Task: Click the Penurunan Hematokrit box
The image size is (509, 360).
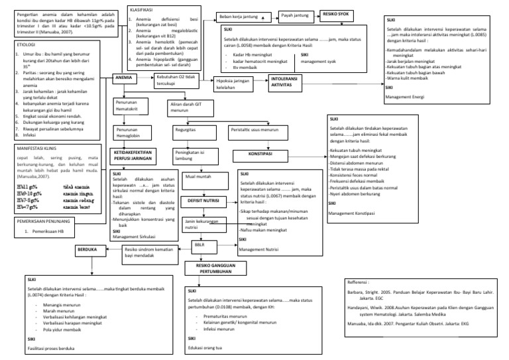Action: click(x=131, y=107)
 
